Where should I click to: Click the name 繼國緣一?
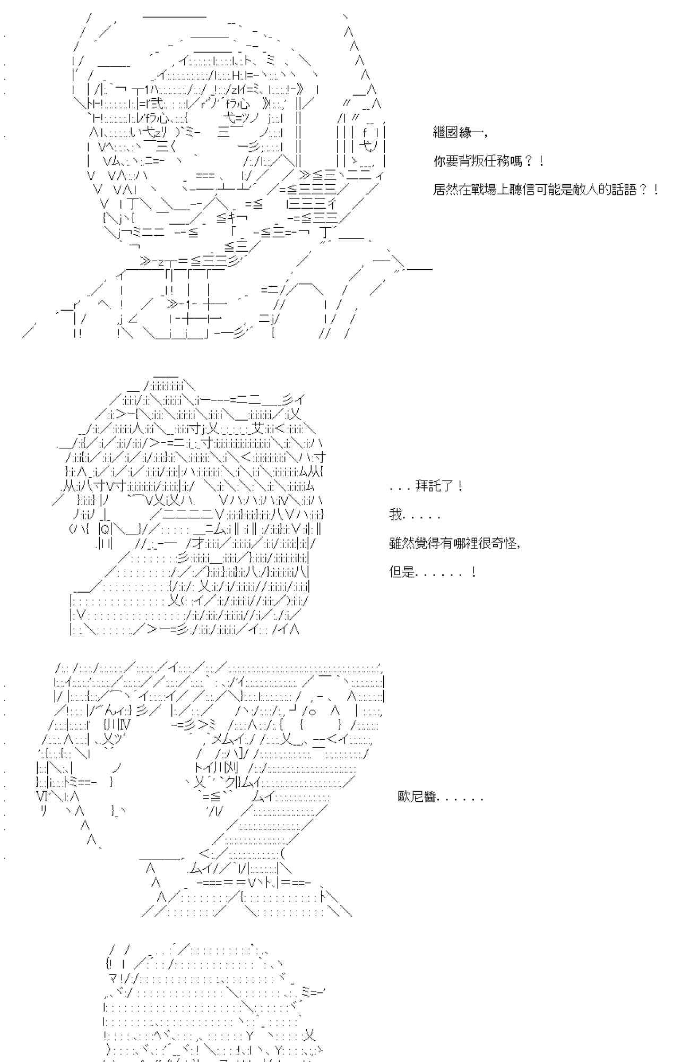459,133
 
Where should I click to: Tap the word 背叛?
472,161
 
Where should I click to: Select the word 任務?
497,161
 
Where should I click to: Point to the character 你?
440,161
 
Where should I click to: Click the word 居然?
446,190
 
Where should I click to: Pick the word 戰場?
484,190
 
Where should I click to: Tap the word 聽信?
522,190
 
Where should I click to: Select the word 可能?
548,190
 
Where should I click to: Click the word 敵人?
586,190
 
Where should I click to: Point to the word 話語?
624,190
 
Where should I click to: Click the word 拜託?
429,486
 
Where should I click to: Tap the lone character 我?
396,515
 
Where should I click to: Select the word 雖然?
402,543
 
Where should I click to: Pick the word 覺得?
428,543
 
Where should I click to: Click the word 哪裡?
466,543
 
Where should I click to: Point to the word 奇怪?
504,543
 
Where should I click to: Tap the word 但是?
402,572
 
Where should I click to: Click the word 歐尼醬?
417,797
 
